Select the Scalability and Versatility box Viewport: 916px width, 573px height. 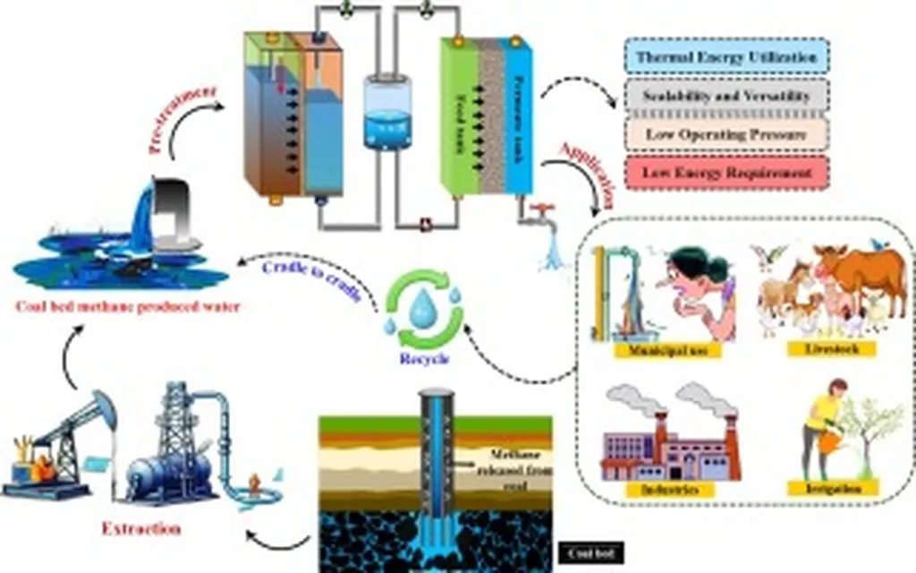click(x=725, y=96)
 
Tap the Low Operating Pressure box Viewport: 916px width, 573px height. click(x=725, y=133)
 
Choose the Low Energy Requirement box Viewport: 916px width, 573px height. click(x=725, y=171)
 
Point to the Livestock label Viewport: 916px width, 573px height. click(x=832, y=348)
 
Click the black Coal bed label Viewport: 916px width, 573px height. click(x=590, y=553)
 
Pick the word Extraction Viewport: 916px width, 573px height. click(x=141, y=528)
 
